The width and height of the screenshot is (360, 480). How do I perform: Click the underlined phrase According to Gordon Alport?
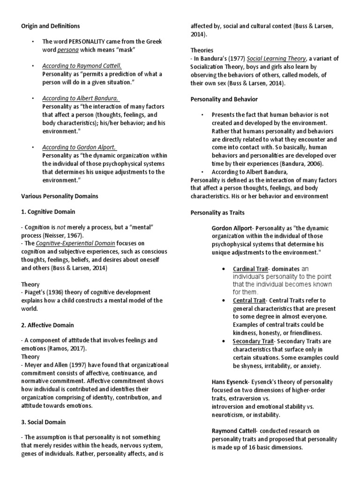tap(79, 147)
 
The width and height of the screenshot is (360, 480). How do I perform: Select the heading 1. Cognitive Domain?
tap(48, 212)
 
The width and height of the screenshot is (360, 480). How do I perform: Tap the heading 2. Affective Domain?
tap(47, 325)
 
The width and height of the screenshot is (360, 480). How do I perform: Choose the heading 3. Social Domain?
tap(44, 422)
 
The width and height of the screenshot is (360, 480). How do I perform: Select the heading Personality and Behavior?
tap(224, 99)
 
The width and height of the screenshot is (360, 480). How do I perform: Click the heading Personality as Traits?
tap(217, 212)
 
